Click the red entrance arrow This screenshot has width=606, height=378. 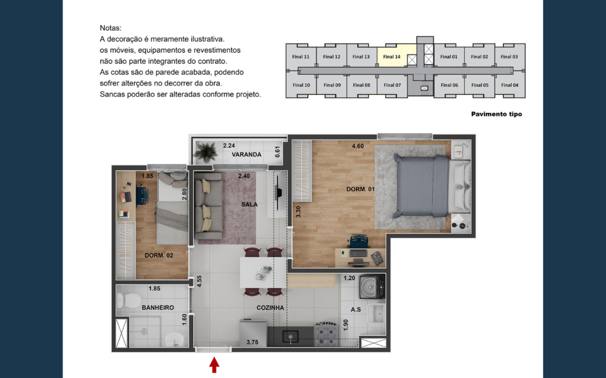click(x=214, y=365)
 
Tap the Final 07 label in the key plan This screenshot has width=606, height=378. click(x=392, y=85)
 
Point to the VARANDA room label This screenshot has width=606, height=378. click(x=247, y=155)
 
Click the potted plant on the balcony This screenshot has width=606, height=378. click(x=206, y=152)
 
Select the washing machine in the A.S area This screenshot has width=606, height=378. click(x=372, y=286)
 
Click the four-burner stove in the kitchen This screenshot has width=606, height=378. click(x=326, y=335)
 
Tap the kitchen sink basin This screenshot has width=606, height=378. click(x=290, y=337)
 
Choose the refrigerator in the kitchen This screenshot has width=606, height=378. click(x=253, y=333)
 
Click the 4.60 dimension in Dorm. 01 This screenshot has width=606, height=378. click(x=358, y=146)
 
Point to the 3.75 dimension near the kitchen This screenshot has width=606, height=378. click(x=252, y=342)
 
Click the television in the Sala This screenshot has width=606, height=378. click(x=279, y=193)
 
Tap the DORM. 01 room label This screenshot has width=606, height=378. click(x=360, y=189)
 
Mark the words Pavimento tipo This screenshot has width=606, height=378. click(x=497, y=114)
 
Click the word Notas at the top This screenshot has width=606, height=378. click(x=111, y=28)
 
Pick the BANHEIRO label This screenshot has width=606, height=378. click(x=158, y=307)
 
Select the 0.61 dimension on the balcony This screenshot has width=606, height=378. click(x=277, y=152)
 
